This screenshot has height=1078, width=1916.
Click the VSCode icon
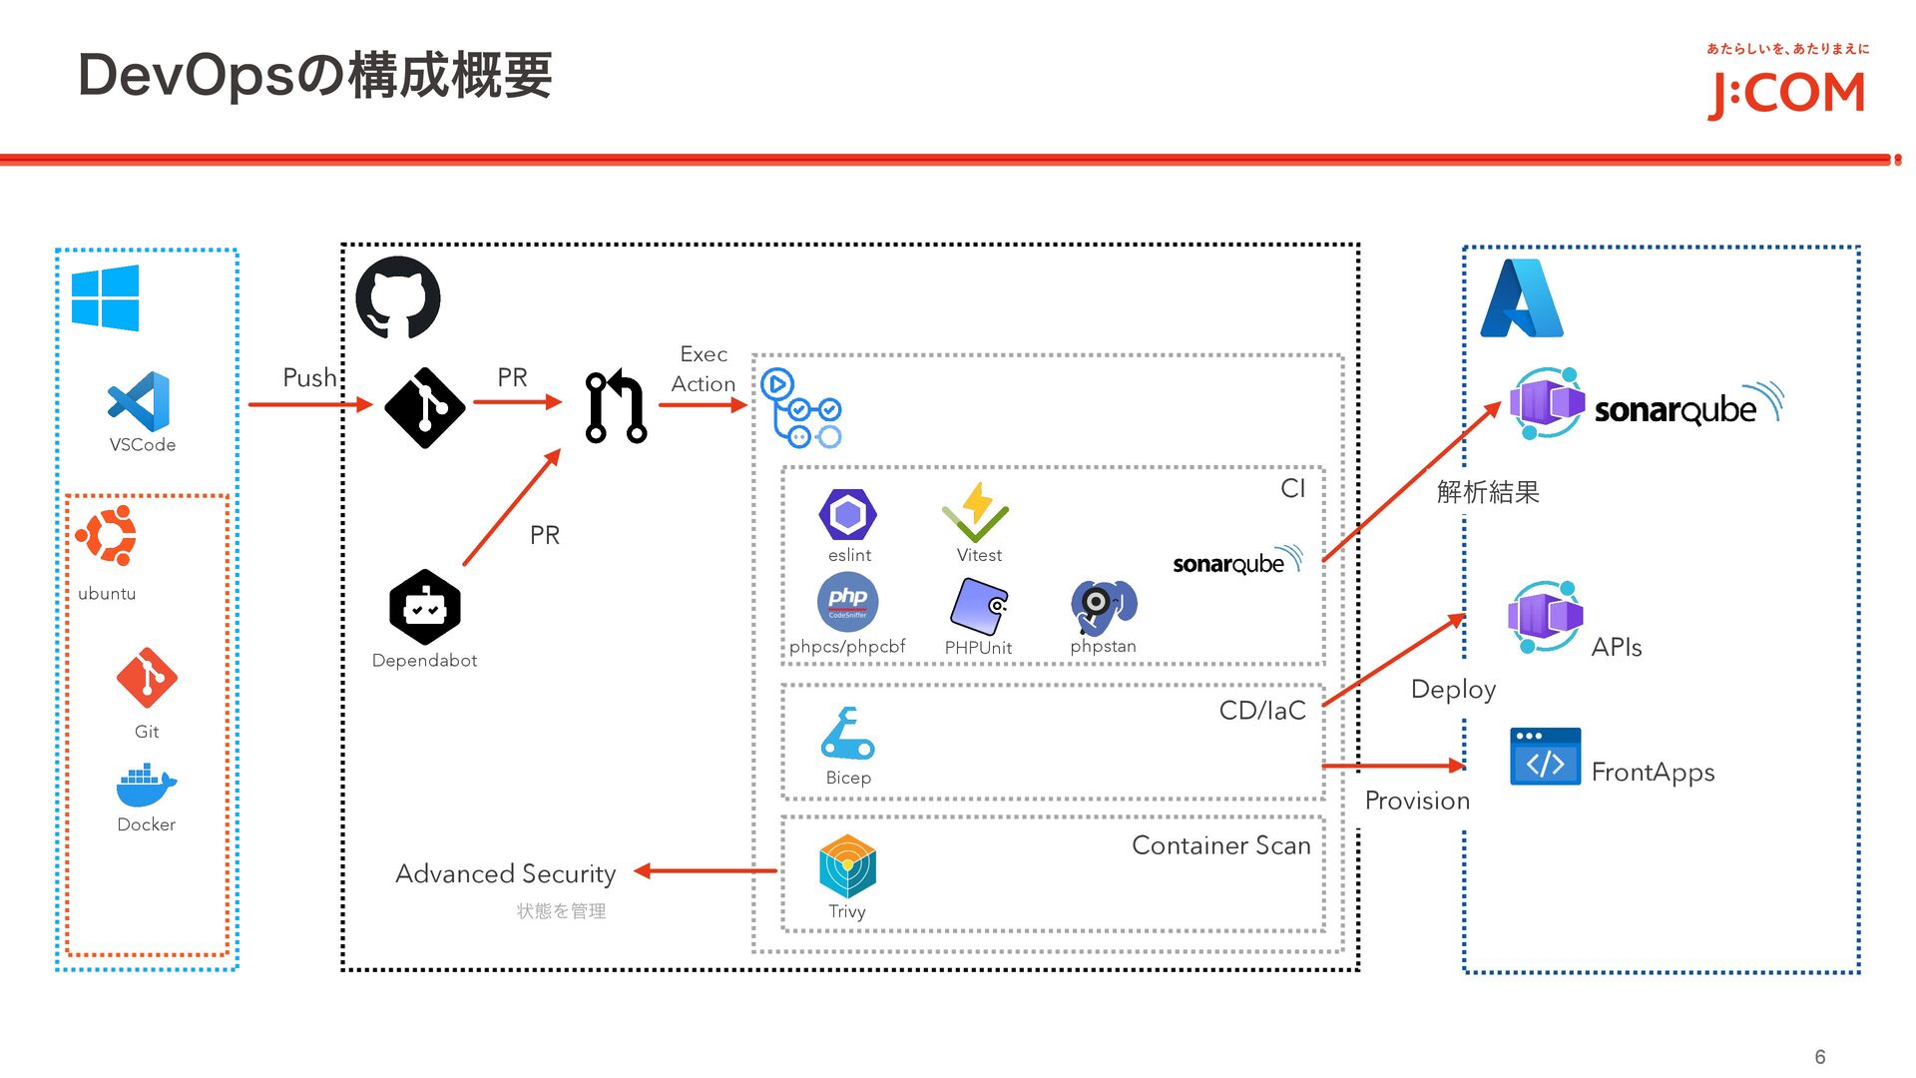pos(139,401)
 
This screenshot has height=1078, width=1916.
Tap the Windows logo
pos(105,297)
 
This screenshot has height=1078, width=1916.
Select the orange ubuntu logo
pos(107,535)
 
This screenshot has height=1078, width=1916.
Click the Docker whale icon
pos(146,786)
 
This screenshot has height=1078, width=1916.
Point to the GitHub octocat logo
pos(398,297)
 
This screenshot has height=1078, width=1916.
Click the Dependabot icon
pos(425,606)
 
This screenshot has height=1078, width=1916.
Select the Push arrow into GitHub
pos(309,404)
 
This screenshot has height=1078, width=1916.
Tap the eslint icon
pos(847,514)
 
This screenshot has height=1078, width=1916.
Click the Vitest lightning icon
pos(976,512)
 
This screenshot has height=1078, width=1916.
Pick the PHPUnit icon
pos(978,606)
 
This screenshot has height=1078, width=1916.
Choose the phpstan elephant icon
pos(1103,606)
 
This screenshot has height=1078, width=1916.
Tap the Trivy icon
pos(847,866)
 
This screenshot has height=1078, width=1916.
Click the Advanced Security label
pos(505,873)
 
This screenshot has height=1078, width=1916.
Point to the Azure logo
pos(1521,298)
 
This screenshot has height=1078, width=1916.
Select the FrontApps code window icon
pos(1545,757)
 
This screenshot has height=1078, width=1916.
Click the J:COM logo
pos(1786,94)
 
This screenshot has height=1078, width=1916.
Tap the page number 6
pos(1820,1057)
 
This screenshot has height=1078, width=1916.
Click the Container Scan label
pos(1220,845)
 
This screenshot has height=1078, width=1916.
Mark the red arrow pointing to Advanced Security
pos(705,871)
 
